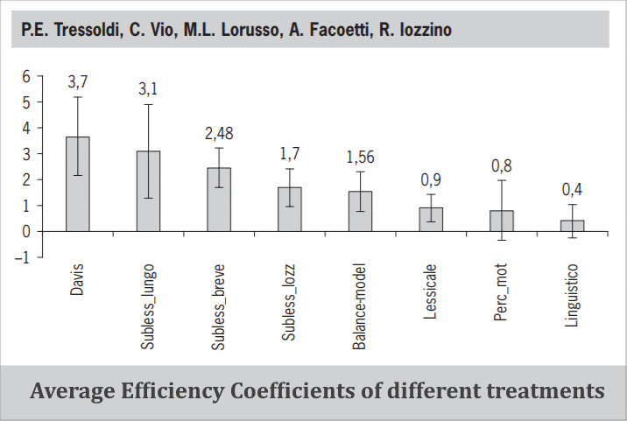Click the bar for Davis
coord(77,184)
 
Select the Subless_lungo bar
coord(148,191)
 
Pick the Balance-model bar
coord(359,211)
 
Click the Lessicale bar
coord(431,219)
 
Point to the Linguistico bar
coord(572,226)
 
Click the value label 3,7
coord(78,82)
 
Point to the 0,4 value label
coord(572,190)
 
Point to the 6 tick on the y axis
coord(26,77)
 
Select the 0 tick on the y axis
coord(26,232)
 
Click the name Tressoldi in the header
coord(88,31)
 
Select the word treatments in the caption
coord(546,390)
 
